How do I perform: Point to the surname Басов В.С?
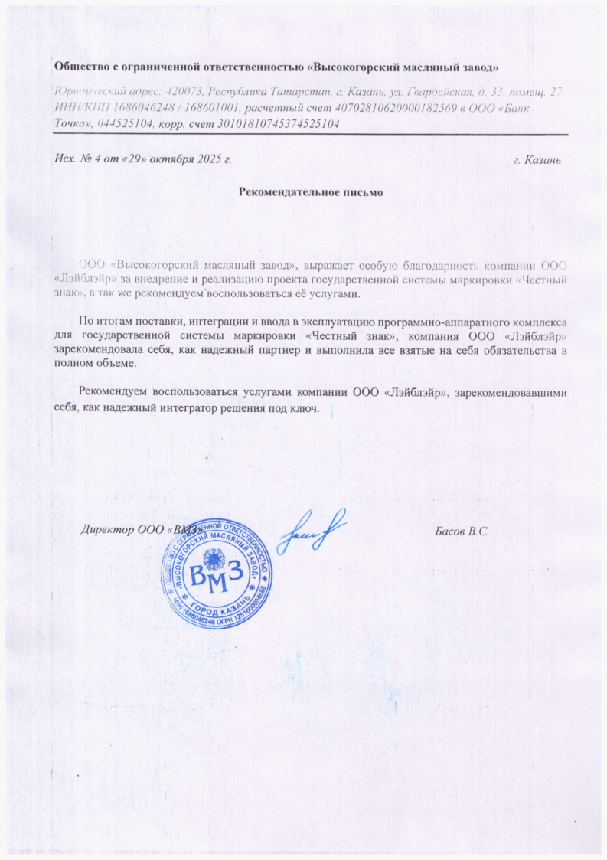[x=461, y=531]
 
